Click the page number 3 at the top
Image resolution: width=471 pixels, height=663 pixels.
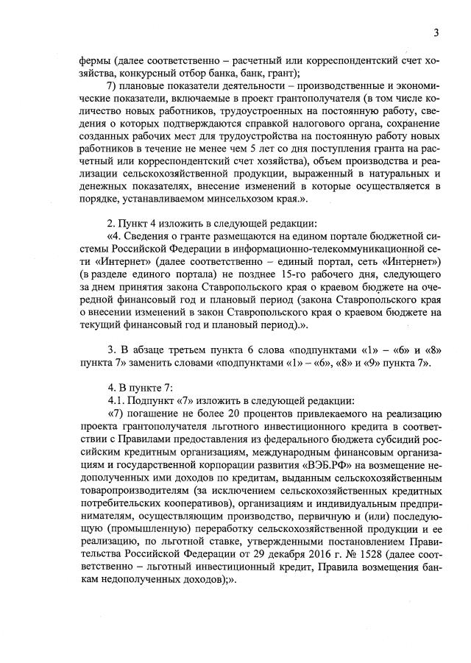point(436,32)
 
